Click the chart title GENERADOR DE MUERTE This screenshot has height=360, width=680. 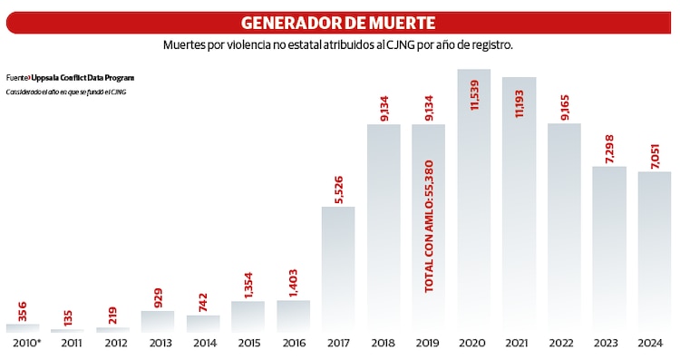(x=337, y=22)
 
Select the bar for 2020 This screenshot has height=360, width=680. (x=473, y=199)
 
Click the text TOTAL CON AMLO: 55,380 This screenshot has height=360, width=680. (x=429, y=227)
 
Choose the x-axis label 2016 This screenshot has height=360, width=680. (x=293, y=343)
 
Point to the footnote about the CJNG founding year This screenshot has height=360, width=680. (x=65, y=92)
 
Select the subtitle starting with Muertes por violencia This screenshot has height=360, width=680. (x=338, y=44)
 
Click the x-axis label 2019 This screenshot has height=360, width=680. (x=428, y=343)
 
